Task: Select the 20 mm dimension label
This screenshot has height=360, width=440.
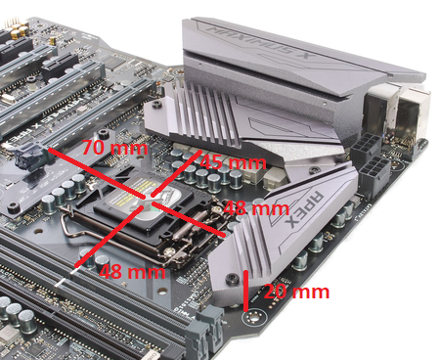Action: coord(297,292)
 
